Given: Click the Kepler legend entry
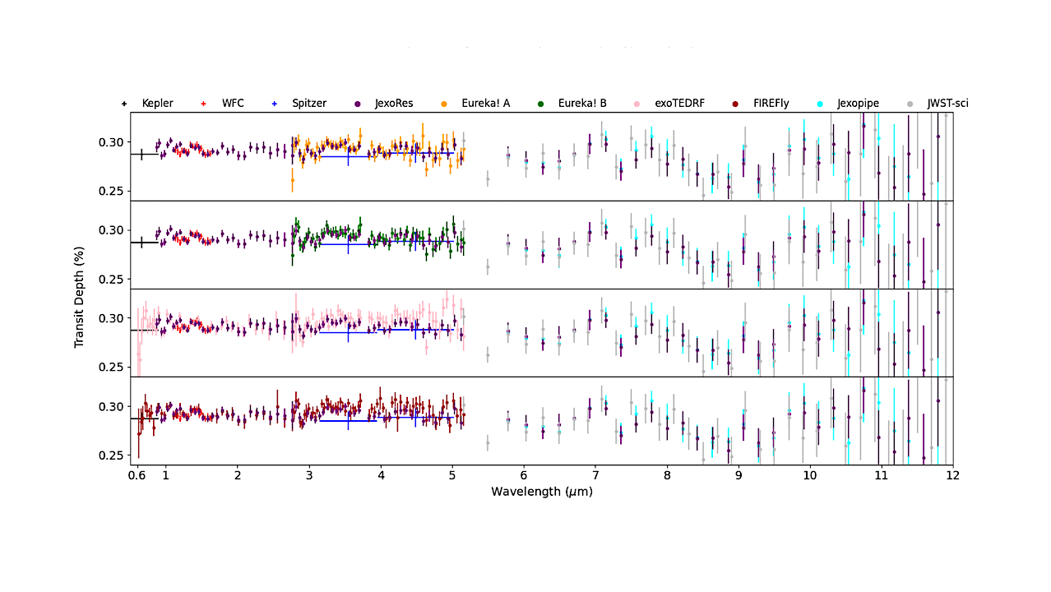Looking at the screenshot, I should (x=157, y=104).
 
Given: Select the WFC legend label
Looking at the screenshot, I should (x=233, y=104).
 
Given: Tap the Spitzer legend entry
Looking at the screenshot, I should (x=309, y=104).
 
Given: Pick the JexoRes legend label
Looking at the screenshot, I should (x=394, y=104).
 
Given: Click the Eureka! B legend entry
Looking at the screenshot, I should (x=582, y=104).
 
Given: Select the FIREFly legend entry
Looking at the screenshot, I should (x=771, y=104).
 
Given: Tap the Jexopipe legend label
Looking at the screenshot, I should (x=858, y=104).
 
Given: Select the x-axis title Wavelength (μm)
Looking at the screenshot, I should (x=542, y=492).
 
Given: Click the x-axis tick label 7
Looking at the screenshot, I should (x=595, y=476).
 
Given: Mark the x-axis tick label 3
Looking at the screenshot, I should (x=308, y=476).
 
